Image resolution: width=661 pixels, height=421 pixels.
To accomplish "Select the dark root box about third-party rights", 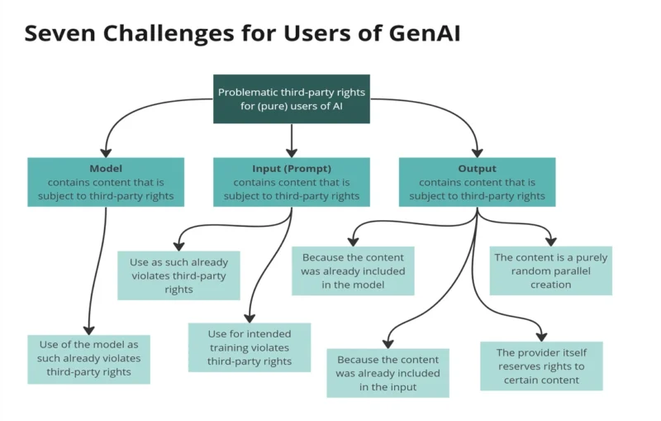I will point(291,99).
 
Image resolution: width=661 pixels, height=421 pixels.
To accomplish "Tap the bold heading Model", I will point(106,169).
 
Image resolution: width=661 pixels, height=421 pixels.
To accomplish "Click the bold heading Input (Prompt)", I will point(291,169).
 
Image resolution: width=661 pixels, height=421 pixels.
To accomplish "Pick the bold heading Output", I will point(477,169).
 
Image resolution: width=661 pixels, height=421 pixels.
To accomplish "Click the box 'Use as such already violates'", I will point(178,275).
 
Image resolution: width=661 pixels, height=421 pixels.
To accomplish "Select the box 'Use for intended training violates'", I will point(250,347).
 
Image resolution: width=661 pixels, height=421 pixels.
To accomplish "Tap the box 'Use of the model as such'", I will point(89,359).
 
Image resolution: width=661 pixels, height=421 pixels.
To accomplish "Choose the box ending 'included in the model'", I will point(353,270).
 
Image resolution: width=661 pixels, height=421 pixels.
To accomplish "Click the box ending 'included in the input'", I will point(388,373).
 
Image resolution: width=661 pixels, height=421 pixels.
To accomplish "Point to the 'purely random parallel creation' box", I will point(550,270).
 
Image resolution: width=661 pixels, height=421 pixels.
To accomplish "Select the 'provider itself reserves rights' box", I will point(541,366).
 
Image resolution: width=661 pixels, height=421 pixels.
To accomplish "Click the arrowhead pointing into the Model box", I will point(106,152).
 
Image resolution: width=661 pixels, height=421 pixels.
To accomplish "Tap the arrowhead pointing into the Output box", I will point(477,152).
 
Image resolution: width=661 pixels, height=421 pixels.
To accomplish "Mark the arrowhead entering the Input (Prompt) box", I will point(291,152).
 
